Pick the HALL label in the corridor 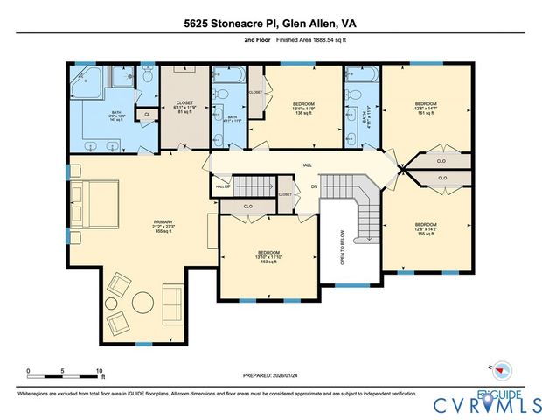click(306, 164)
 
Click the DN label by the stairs click(313, 186)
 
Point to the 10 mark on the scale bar click(100, 370)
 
